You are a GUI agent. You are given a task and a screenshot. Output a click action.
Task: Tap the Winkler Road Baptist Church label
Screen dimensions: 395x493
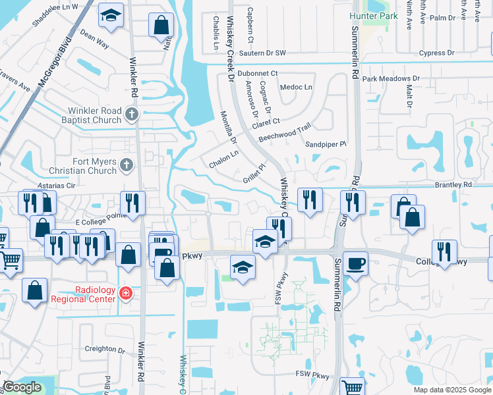pos(93,115)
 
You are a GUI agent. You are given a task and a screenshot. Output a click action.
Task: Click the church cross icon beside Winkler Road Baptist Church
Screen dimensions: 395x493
pos(131,115)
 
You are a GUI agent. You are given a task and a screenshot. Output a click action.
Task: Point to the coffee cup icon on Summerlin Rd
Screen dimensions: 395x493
pos(356,263)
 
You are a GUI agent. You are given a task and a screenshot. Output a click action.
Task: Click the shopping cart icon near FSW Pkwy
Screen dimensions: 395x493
pos(353,387)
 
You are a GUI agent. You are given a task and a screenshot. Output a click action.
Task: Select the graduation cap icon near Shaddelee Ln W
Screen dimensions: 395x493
pos(111,14)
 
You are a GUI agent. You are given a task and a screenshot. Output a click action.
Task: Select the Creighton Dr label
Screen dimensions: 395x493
pos(105,349)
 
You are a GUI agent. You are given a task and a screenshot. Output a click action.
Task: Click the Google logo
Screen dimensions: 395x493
pos(22,387)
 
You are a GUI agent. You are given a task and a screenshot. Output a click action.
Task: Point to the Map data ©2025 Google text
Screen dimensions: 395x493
pos(451,390)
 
